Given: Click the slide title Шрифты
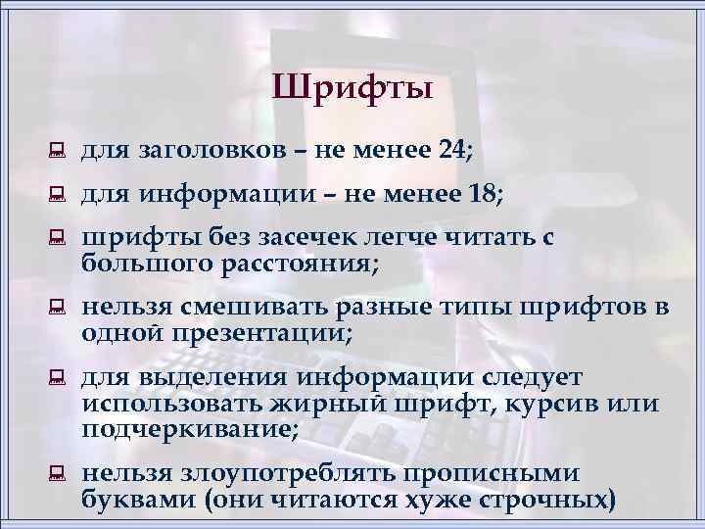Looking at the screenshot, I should click(352, 89).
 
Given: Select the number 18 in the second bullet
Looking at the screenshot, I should click(484, 195).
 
